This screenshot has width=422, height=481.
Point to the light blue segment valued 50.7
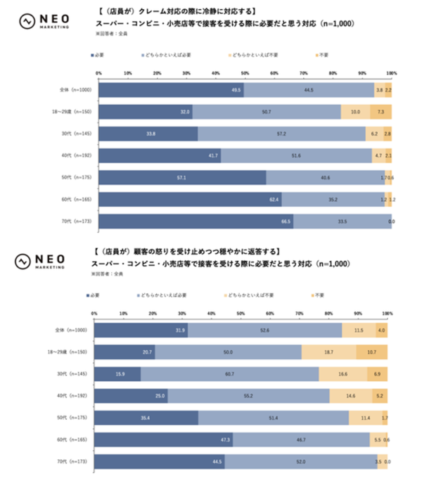coord(266,112)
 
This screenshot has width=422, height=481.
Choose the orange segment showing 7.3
coord(381,112)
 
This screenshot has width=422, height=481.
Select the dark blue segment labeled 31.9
coord(141,330)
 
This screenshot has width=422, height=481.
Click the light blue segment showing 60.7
coord(229,374)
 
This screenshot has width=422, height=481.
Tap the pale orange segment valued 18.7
coord(328,352)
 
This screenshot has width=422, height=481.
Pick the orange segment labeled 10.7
coord(371,352)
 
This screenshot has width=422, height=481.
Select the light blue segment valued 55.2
coord(248,396)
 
